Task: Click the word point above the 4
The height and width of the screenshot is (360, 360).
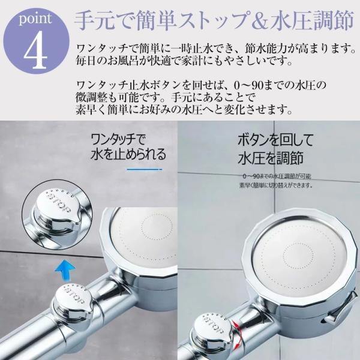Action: point(35,19)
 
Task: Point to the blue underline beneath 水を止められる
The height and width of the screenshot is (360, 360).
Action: point(145,170)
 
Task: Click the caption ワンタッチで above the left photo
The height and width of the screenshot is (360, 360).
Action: point(118,139)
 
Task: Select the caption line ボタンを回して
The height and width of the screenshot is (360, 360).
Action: point(275,140)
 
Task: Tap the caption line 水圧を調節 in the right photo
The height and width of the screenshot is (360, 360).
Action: point(271,158)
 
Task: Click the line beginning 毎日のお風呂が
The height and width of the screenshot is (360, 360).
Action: point(184,61)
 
